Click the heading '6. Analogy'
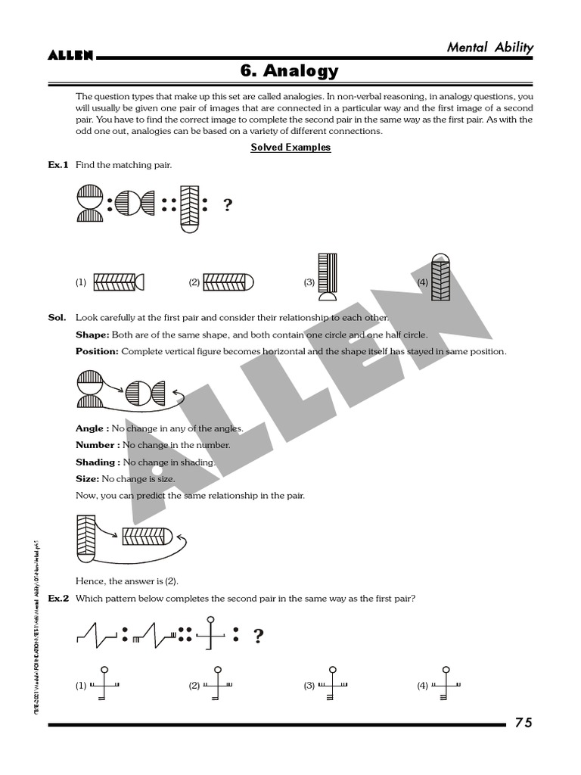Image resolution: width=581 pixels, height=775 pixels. [290, 71]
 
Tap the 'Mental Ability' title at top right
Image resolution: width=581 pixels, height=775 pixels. [489, 47]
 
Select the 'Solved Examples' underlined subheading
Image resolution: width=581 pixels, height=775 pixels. [290, 148]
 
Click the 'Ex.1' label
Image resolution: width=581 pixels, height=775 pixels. [58, 164]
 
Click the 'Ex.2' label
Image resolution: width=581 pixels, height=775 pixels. [58, 599]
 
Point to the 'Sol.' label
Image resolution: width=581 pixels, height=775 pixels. [57, 317]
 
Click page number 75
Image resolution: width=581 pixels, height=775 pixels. [524, 723]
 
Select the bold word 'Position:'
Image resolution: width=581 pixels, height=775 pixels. [97, 351]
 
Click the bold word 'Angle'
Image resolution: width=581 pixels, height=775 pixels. [89, 428]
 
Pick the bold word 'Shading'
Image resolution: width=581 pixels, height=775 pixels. [95, 462]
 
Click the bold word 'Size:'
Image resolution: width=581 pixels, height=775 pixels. [87, 479]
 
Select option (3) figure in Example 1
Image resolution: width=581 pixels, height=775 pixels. [328, 280]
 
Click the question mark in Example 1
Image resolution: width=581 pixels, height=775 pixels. [227, 205]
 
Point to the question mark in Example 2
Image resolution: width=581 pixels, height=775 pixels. [258, 636]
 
